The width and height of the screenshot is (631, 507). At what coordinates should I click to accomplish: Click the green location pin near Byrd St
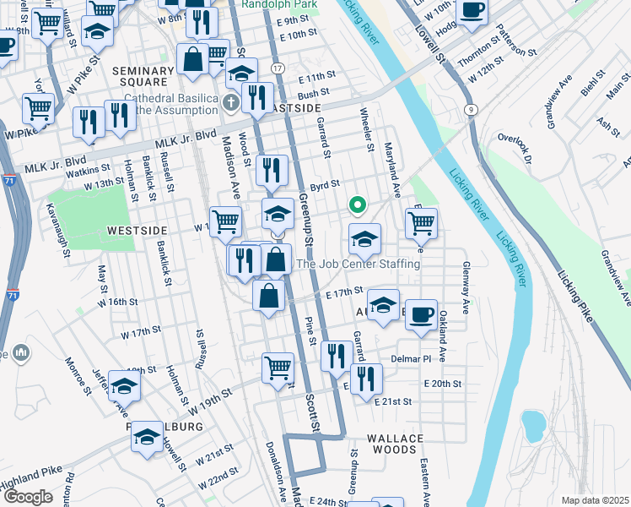pyautogui.click(x=357, y=204)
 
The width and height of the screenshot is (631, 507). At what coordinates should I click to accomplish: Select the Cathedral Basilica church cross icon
pyautogui.click(x=232, y=104)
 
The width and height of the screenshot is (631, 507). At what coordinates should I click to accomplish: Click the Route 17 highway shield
pyautogui.click(x=278, y=68)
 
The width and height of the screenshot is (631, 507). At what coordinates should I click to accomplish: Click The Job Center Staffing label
pyautogui.click(x=358, y=264)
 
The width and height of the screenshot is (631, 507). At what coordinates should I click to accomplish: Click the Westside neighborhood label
pyautogui.click(x=138, y=230)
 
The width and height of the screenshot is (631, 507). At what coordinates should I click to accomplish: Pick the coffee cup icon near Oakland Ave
pyautogui.click(x=420, y=314)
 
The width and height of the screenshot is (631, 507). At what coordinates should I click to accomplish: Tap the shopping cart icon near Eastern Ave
pyautogui.click(x=420, y=224)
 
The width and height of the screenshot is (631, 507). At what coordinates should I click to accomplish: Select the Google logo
pyautogui.click(x=28, y=497)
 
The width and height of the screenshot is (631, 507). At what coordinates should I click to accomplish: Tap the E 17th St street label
pyautogui.click(x=343, y=292)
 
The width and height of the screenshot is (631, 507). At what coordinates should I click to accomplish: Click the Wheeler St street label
pyautogui.click(x=366, y=130)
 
